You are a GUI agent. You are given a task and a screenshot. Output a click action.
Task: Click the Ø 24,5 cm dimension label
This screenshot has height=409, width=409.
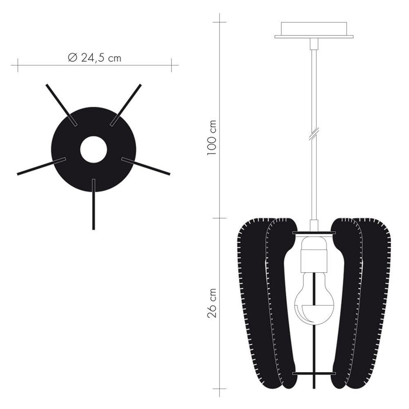[95, 57]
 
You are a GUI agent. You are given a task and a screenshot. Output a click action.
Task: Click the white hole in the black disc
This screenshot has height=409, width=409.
[93, 150]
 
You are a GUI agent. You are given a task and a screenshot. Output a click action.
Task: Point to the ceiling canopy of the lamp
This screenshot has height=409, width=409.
[314, 30]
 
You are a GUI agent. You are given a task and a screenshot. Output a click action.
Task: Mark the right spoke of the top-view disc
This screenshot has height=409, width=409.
[146, 166]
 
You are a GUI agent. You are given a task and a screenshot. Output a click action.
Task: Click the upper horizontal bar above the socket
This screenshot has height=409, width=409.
[314, 233]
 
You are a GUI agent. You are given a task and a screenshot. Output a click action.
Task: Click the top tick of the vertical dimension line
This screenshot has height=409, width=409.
[219, 22]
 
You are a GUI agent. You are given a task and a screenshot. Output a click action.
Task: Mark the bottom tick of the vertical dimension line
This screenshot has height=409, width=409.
[219, 388]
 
